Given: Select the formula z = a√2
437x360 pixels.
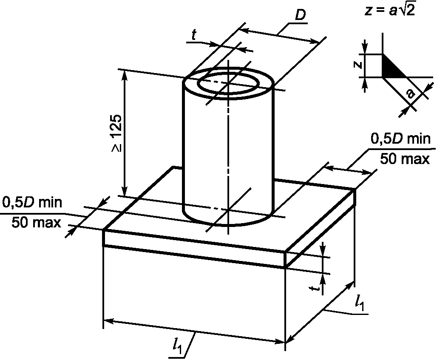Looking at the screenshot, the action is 390,11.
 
